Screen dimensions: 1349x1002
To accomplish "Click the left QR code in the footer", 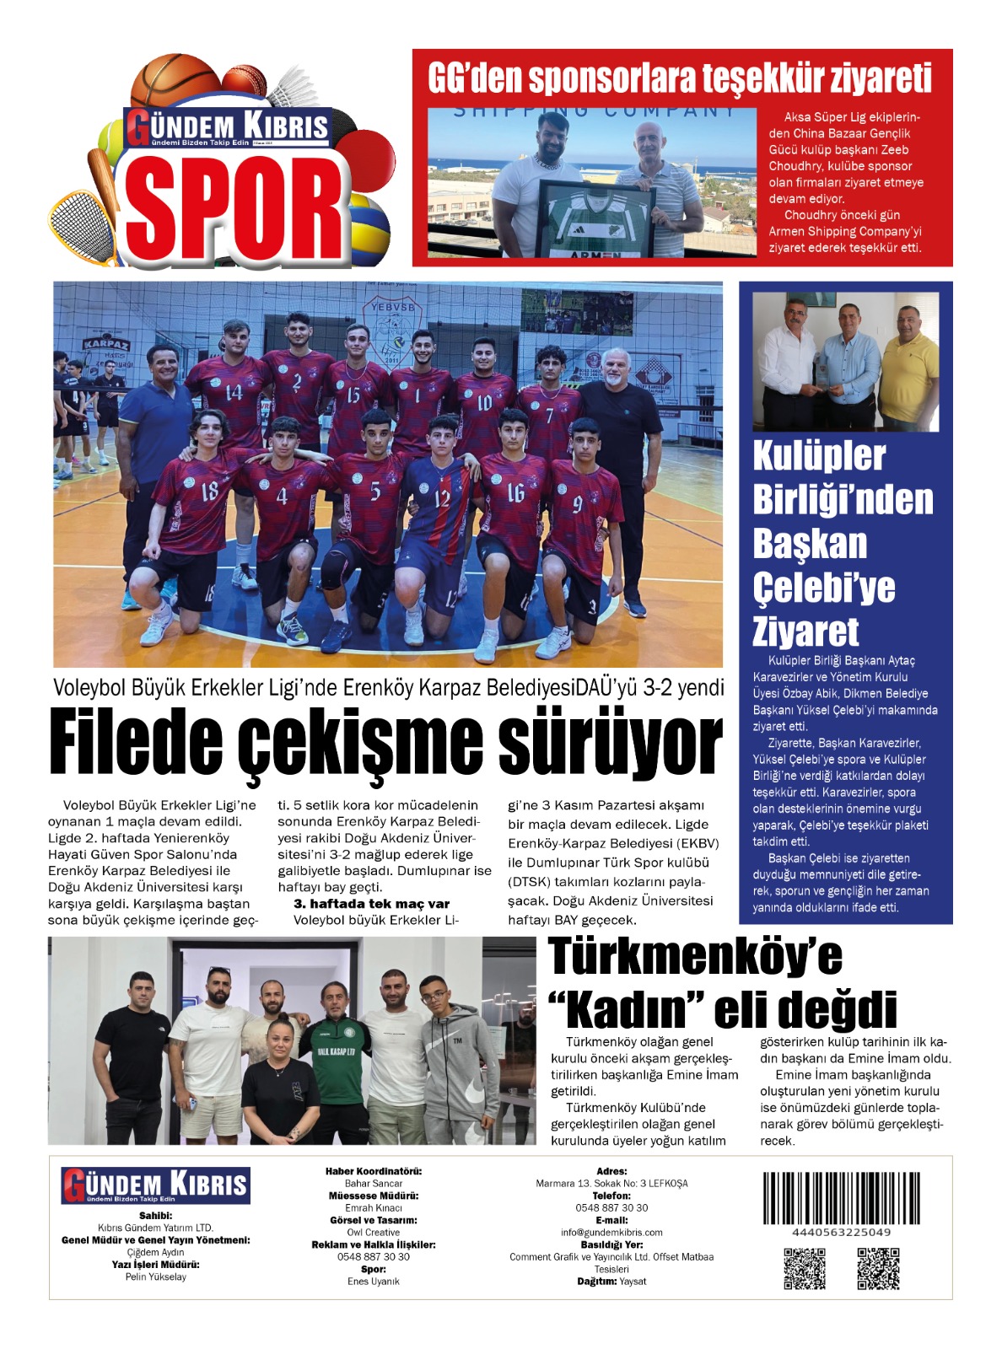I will [804, 1268].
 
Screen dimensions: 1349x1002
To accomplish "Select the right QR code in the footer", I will [878, 1268].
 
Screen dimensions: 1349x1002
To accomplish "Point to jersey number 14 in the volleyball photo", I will [234, 392].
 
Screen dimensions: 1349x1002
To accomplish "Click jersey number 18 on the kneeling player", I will [209, 491].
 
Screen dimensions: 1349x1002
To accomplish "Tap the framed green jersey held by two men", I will [595, 218].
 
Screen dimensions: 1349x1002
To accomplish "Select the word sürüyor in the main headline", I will [610, 742].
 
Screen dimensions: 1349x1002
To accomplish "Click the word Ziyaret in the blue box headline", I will [805, 632].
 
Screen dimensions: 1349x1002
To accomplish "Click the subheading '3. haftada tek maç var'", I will [371, 904].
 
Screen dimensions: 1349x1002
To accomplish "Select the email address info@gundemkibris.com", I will [611, 1233].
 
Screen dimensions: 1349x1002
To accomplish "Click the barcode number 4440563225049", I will [841, 1233].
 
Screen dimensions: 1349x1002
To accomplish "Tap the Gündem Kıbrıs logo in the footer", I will [155, 1185].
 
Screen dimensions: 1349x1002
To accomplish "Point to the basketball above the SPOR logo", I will [175, 83].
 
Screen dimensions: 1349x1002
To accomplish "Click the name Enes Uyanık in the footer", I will [373, 1282].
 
